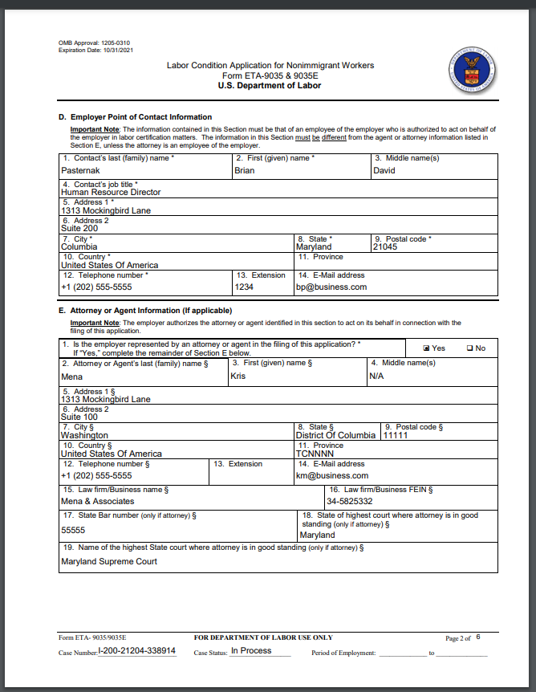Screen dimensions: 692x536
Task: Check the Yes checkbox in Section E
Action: [427, 348]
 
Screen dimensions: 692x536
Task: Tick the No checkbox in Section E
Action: [469, 348]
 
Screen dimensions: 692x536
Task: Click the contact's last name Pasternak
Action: [80, 171]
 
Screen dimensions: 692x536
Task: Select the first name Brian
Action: [244, 171]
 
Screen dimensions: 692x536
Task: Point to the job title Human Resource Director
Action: [111, 193]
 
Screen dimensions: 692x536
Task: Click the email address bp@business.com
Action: [331, 287]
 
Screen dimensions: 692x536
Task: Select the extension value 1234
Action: [244, 287]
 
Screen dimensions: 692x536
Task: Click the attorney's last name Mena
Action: [71, 376]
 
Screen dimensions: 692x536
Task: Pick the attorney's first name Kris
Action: [238, 376]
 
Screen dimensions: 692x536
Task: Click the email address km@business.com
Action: [331, 475]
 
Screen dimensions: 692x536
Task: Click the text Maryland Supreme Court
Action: [109, 561]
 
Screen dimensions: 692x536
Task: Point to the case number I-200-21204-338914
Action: [136, 651]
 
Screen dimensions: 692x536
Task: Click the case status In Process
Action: [251, 651]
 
